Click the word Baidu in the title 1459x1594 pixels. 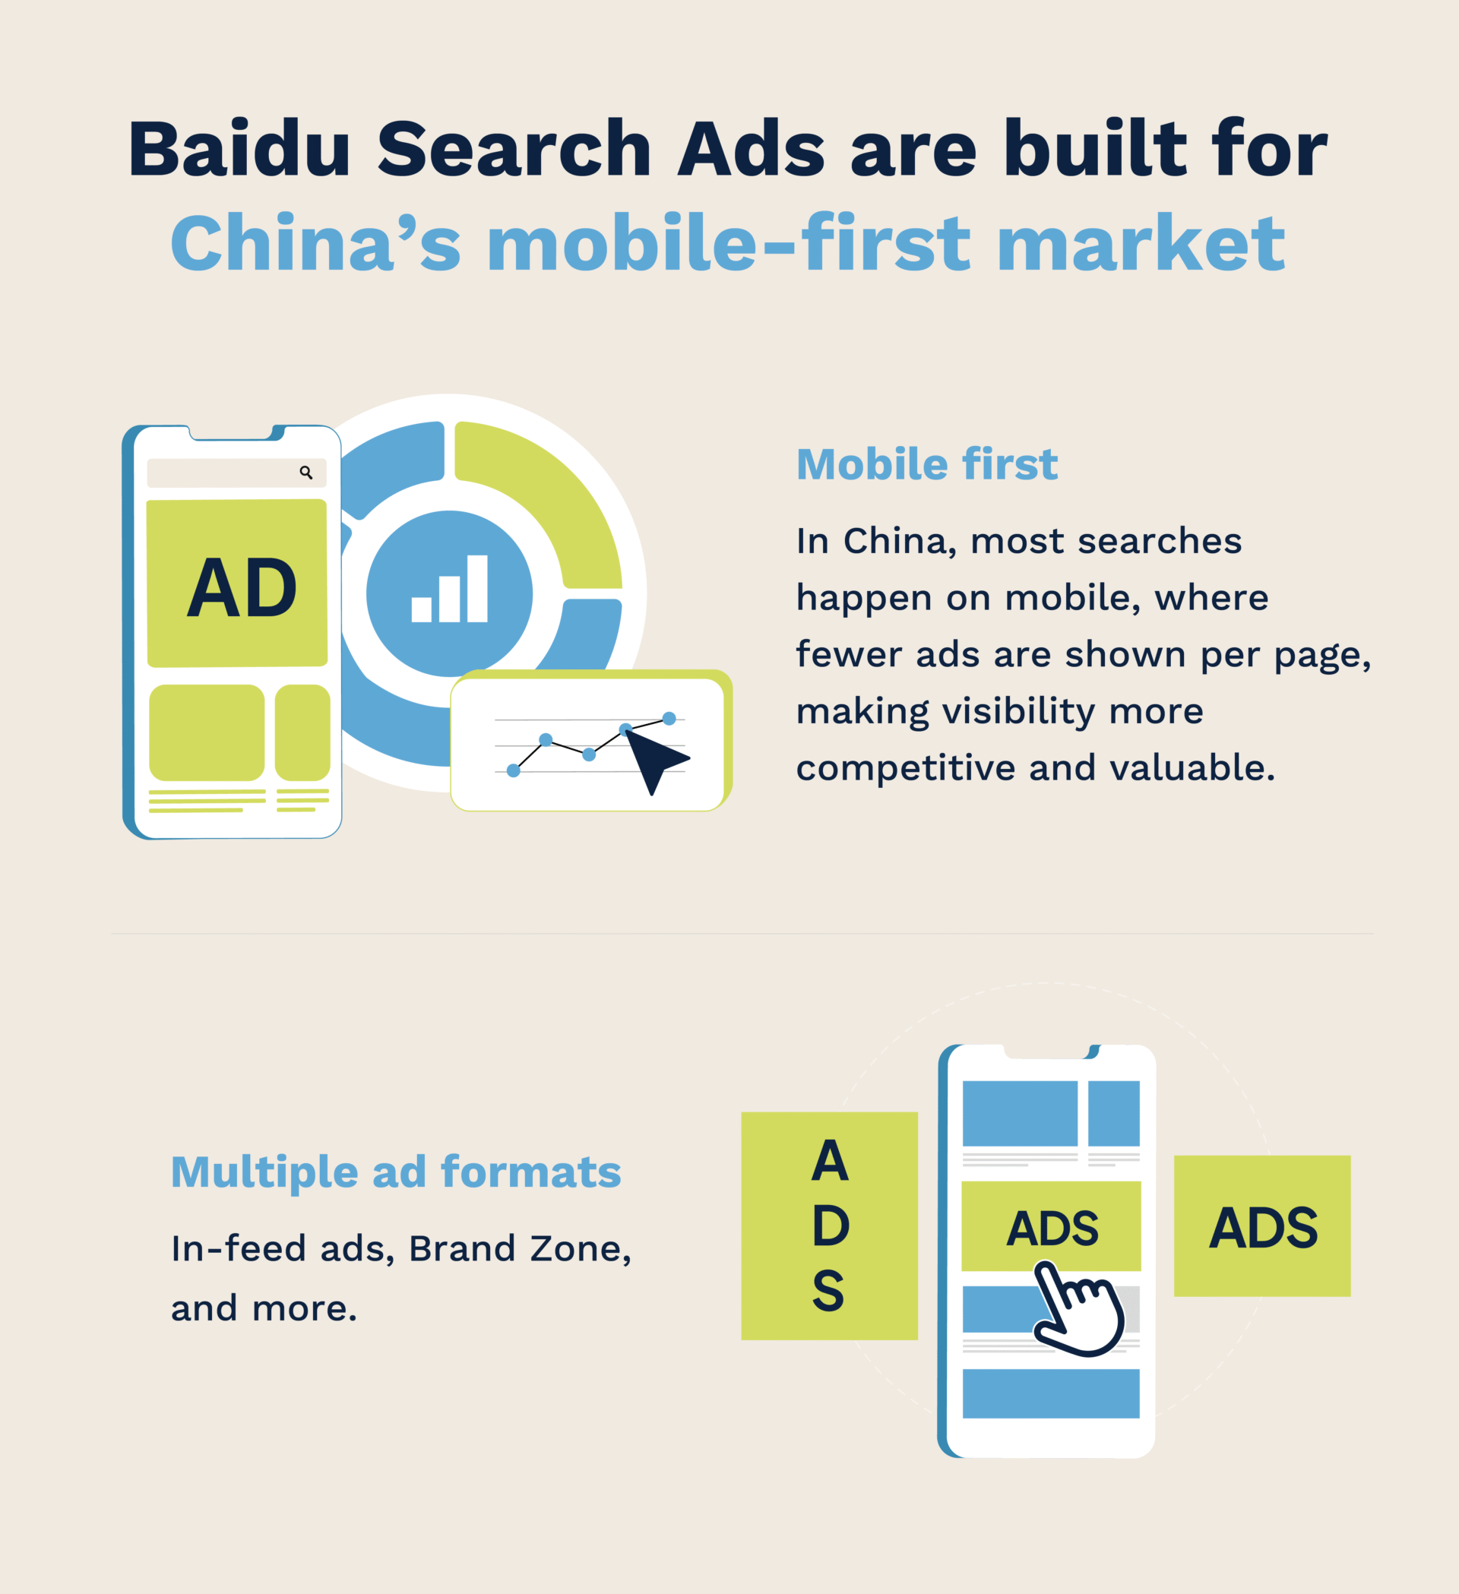239,149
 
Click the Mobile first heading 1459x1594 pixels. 926,464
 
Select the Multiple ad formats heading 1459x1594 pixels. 395,1172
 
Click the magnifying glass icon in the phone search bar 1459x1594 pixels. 306,473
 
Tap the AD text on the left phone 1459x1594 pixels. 241,588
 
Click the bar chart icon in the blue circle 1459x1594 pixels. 449,589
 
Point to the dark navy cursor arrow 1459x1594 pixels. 654,757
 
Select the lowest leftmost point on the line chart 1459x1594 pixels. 513,770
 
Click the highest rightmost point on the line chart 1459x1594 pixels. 669,719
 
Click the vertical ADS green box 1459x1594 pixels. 829,1226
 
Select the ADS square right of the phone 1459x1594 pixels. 1262,1227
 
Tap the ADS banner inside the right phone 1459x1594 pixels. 1051,1227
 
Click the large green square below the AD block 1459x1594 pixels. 207,732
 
